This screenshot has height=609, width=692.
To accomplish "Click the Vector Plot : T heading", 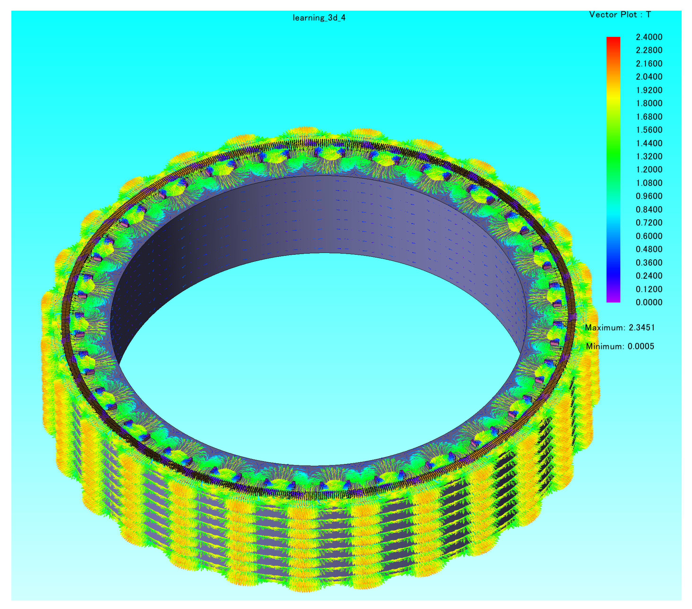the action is (620, 15).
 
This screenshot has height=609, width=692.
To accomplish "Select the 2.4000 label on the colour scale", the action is (649, 37).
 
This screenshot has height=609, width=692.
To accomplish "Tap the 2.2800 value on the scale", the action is (649, 50).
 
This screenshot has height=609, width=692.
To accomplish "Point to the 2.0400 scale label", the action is (649, 77).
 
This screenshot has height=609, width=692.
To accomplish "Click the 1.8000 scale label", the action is (649, 103).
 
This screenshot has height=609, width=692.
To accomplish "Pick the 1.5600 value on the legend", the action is (649, 130).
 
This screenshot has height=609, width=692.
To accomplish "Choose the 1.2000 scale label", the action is (649, 170).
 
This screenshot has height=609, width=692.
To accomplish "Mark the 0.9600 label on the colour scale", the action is (649, 196).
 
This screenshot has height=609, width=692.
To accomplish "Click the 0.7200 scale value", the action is (649, 223).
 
